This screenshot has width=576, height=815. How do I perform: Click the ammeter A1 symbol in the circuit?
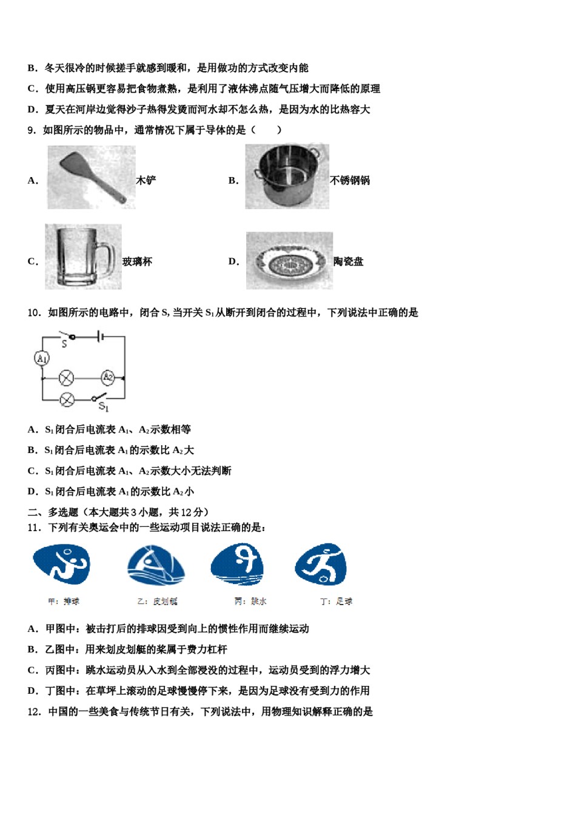point(41,358)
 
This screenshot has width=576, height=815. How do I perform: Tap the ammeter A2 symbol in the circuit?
point(107,377)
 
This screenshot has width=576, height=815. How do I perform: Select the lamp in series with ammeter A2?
point(66,378)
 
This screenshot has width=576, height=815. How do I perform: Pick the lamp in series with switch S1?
point(67,399)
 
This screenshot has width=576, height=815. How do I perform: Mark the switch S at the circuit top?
point(65,335)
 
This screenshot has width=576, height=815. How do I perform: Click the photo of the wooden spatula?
point(91,177)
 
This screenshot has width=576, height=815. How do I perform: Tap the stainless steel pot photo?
point(287,176)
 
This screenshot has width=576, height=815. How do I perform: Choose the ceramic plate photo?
point(289,261)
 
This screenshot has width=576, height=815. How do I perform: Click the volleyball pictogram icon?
point(61,565)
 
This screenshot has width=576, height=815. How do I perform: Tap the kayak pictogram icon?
point(155,565)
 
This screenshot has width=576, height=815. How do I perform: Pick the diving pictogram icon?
point(238,565)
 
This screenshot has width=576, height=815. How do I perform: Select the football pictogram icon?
point(321,565)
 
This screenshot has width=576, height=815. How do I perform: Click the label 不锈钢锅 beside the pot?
point(350,180)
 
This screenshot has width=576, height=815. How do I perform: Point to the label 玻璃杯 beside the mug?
point(137,261)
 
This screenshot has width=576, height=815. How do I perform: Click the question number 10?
point(34,313)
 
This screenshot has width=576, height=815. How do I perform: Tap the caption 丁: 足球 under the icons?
point(336,602)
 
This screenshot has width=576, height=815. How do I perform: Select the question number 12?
point(34,712)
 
